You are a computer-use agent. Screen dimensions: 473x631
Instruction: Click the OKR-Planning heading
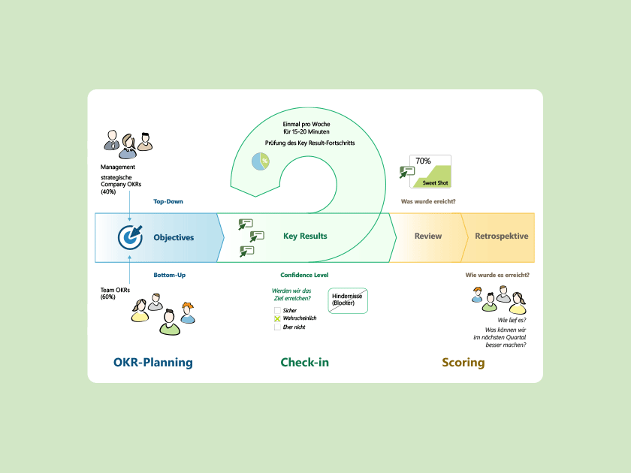point(153,363)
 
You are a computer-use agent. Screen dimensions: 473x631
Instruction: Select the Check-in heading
point(304,363)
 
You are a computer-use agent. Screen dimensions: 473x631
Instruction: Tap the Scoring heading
point(463,363)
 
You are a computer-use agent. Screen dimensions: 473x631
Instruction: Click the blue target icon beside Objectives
point(130,236)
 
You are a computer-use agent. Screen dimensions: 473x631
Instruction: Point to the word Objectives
point(174,237)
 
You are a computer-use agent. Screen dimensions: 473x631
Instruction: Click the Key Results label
point(305,236)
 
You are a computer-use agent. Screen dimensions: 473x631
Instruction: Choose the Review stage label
point(428,236)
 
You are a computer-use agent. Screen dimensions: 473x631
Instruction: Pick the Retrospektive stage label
point(501,236)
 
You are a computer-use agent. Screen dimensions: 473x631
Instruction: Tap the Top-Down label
point(168,201)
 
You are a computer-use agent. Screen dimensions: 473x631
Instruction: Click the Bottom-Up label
point(169,275)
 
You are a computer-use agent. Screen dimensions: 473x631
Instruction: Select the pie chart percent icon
point(260,161)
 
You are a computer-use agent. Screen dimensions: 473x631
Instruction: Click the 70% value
point(423,161)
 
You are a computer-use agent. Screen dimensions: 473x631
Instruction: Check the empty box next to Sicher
point(277,310)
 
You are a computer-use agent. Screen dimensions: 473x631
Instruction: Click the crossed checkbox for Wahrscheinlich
point(277,318)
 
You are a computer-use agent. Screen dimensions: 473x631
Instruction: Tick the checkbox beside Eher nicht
point(277,327)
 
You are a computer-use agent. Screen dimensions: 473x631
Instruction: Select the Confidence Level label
point(304,275)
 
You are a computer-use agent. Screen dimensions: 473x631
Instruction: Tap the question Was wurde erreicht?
point(428,201)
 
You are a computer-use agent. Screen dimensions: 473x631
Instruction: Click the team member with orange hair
point(187,311)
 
